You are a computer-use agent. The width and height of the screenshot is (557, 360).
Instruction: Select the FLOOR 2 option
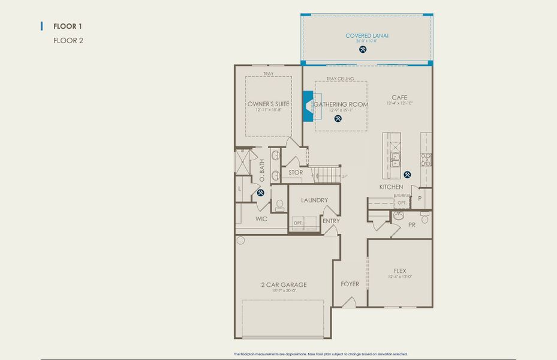[68, 41]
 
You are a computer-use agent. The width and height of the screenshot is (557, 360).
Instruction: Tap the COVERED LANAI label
[367, 36]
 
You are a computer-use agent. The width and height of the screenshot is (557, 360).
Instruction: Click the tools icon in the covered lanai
[363, 50]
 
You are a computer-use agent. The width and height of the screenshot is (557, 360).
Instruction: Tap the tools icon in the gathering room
[338, 118]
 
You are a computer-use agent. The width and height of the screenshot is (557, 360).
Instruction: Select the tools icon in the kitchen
[408, 175]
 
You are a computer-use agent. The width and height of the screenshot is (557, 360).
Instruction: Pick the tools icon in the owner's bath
[261, 193]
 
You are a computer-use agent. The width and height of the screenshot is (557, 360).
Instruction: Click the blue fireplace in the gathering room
[308, 106]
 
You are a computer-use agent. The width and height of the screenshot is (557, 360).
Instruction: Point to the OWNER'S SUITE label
[268, 104]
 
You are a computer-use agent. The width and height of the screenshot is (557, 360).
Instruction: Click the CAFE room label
[399, 98]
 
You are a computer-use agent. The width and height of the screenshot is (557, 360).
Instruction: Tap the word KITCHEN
[391, 187]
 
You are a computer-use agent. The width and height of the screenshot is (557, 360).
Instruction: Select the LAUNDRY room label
[314, 200]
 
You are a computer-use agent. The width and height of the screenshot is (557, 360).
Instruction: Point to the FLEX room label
[399, 271]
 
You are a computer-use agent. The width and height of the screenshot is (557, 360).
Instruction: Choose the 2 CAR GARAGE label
[284, 284]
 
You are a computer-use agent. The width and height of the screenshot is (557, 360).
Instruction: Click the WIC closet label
[261, 219]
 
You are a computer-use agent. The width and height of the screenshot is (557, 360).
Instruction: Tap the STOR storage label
[296, 173]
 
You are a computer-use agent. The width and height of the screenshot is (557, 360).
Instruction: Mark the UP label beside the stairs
[344, 176]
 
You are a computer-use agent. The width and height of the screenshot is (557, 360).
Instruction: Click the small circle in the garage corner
[241, 241]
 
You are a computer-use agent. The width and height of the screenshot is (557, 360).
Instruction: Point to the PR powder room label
[412, 225]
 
